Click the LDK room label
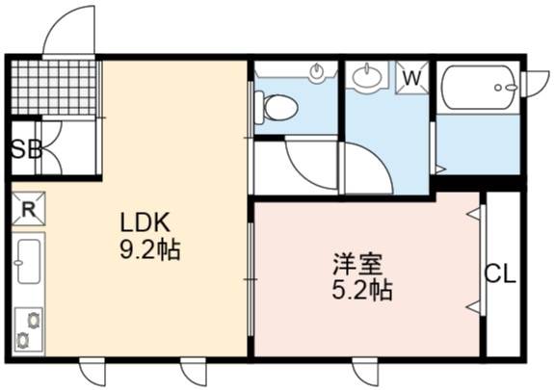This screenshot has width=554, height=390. point(145,221)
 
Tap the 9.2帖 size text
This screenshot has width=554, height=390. point(150,250)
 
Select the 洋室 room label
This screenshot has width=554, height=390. point(357,264)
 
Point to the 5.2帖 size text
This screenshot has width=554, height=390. point(362,290)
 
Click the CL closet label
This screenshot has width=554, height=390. point(500,273)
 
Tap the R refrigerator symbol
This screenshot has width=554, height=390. point(29,209)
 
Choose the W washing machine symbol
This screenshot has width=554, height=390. point(412,78)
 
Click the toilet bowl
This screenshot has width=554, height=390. point(277,108)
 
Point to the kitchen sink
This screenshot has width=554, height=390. point(28,261)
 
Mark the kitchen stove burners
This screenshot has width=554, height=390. point(29,330)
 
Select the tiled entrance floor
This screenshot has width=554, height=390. point(53,88)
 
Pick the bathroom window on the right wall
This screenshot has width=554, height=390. point(536,84)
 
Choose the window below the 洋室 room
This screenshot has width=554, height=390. point(365,371)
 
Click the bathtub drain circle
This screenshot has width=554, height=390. point(498,88)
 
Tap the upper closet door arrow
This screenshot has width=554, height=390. point(474,214)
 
